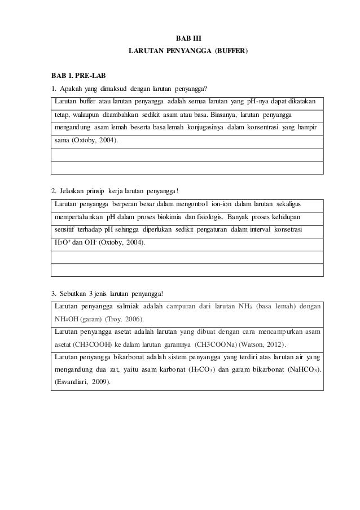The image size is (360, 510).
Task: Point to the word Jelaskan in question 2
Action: (73, 190)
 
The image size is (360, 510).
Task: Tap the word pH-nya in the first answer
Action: (257, 101)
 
